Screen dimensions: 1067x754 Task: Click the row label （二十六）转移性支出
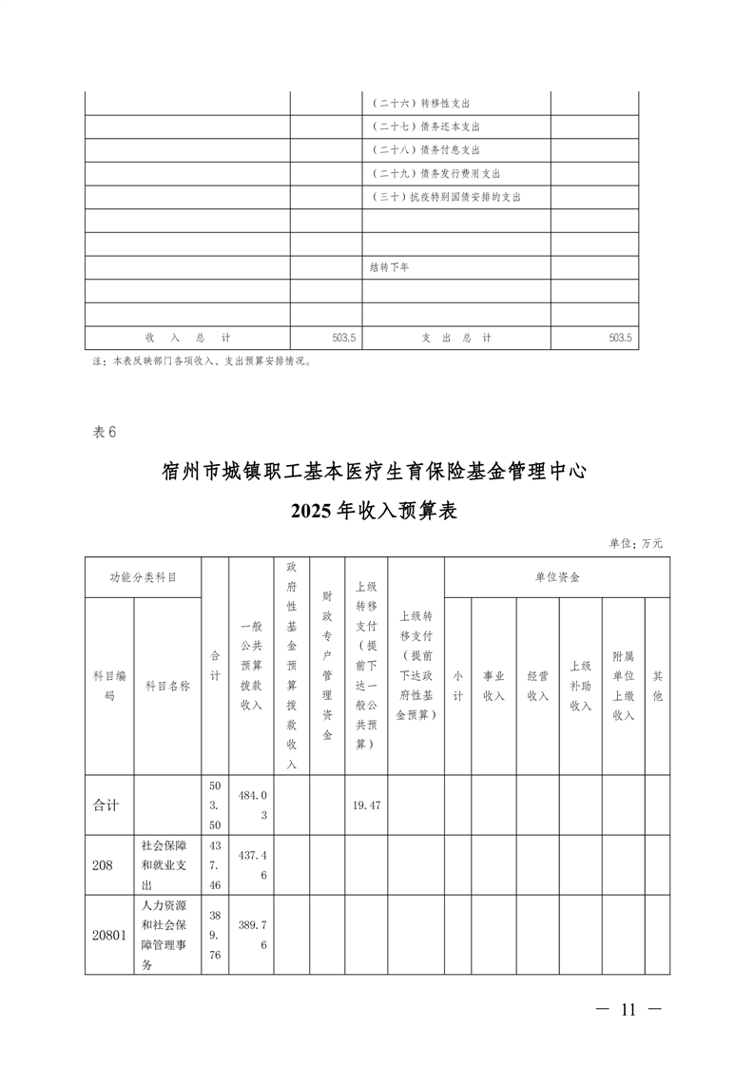point(420,104)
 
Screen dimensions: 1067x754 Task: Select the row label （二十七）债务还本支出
point(425,126)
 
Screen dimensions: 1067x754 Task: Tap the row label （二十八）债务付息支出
point(425,150)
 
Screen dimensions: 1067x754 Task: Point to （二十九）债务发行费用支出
point(435,174)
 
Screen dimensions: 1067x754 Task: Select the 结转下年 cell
point(389,267)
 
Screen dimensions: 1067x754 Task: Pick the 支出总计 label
point(456,338)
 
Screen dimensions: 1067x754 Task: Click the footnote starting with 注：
point(202,361)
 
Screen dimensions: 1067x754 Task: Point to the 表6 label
point(104,432)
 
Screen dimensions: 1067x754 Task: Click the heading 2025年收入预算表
point(376,511)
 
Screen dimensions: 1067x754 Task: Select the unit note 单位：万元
point(636,543)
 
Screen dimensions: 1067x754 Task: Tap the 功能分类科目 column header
point(143,576)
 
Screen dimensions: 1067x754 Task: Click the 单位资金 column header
point(556,576)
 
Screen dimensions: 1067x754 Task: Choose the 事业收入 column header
point(493,686)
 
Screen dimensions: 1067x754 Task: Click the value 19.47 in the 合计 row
point(366,805)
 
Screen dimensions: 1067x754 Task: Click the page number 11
point(627,1010)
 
